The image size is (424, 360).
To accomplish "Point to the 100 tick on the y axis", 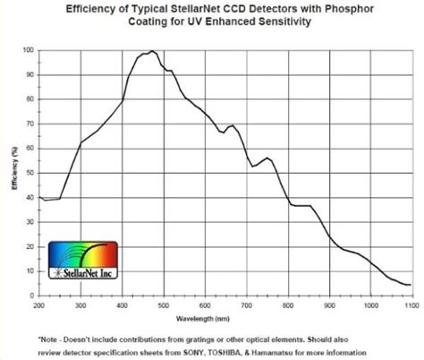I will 29,51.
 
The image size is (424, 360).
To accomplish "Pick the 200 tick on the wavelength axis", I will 39,305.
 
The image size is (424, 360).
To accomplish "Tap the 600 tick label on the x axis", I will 204,305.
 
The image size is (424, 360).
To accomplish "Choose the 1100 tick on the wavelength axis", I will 408,305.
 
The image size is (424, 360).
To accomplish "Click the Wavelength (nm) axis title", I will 224,317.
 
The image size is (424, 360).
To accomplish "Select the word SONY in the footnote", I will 227,352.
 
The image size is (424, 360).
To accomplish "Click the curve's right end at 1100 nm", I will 409,285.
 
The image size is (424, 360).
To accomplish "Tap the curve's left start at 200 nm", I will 39,196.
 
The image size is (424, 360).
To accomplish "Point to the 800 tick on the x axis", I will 286,305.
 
